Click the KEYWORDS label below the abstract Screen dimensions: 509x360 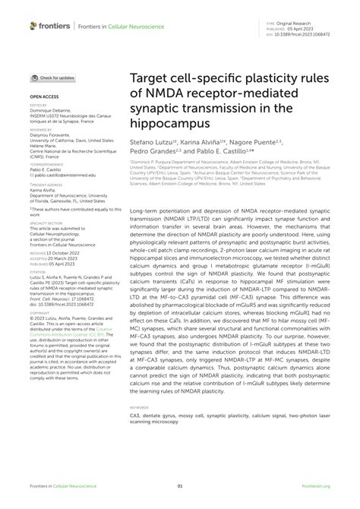141,407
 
